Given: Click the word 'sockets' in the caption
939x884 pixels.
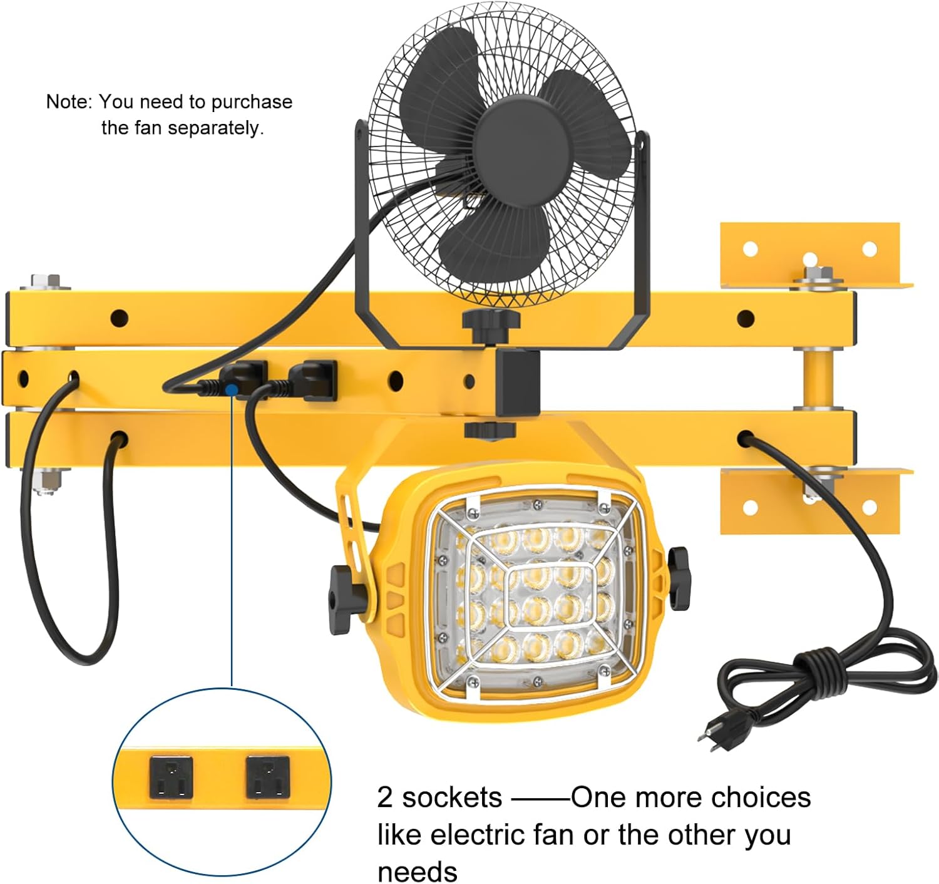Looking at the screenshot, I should point(452,798).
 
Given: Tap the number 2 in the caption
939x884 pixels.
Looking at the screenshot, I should point(384,798).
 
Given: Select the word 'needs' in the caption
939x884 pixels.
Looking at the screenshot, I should point(417,871).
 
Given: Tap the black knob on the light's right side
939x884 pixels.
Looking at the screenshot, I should point(679,578).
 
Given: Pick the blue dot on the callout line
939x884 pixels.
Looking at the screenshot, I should point(232,389).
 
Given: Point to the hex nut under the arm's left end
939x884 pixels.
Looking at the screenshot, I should point(44,481).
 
